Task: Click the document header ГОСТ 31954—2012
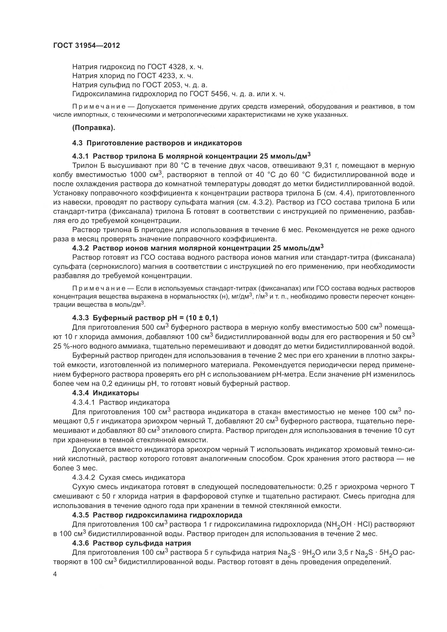click(86, 46)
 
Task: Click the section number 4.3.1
click(80, 156)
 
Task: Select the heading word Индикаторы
click(116, 393)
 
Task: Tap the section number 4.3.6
click(80, 543)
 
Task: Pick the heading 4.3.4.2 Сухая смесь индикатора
click(129, 477)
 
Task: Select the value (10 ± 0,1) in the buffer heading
click(202, 318)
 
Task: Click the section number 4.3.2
click(80, 248)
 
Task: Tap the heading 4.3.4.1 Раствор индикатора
click(121, 402)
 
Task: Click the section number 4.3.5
click(80, 515)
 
